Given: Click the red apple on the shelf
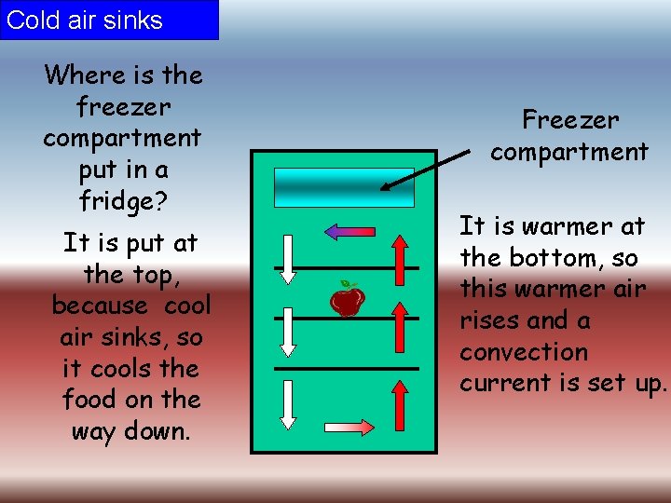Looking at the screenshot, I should (x=348, y=301).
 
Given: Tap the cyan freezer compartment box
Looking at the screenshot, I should (x=344, y=186).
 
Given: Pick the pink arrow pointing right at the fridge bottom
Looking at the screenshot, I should (x=349, y=428).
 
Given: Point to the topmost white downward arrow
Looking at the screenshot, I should (x=288, y=258).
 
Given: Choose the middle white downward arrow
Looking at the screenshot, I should (x=288, y=331).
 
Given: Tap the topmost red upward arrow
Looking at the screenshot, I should (x=400, y=257).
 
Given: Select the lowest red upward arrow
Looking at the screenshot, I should (x=400, y=402).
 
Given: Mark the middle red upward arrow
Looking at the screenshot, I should (x=400, y=330).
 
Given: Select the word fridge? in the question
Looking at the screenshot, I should (x=122, y=201).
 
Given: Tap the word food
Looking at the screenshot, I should (x=87, y=400).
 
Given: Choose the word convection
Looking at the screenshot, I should (x=524, y=352).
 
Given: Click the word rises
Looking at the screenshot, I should (x=489, y=320).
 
